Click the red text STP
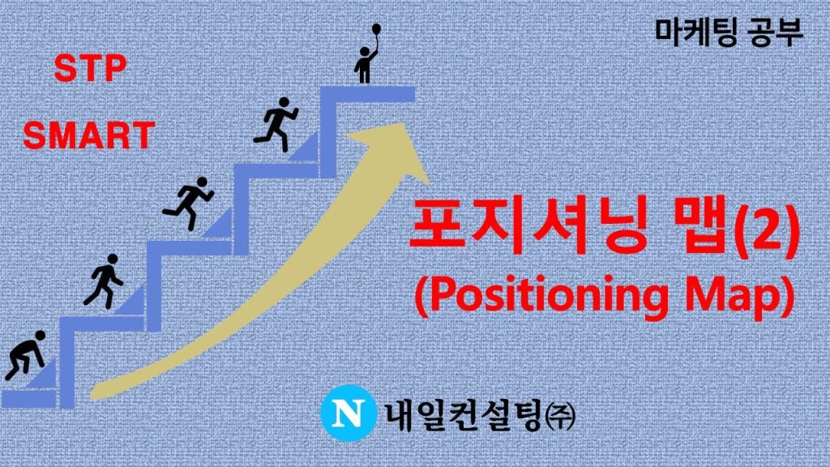tap(90, 68)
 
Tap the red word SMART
tap(89, 135)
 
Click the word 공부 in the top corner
tap(777, 32)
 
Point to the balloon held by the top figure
tap(376, 28)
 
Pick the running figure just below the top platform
tap(276, 124)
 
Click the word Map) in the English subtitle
tap(741, 295)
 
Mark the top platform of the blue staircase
tap(367, 94)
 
